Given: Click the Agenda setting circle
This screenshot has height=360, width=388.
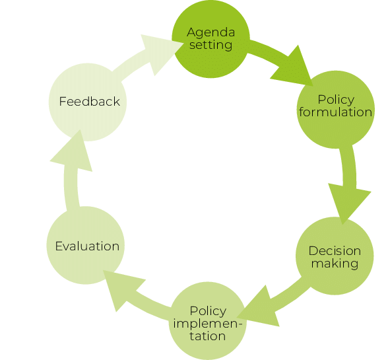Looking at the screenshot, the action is coord(211,39).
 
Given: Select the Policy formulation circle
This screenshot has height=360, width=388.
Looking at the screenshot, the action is coord(336,110).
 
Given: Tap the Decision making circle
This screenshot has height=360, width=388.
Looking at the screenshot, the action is coord(335,256).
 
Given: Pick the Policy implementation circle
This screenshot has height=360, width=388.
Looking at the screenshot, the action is coord(208,321).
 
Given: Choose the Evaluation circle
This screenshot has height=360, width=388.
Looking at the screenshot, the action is coord(86,245).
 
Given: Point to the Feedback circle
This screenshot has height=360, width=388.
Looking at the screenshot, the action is coord(88,102).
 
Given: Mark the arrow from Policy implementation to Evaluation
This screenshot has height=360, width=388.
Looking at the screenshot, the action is coord(139,295).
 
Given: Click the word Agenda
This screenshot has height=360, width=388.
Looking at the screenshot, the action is coord(211,33).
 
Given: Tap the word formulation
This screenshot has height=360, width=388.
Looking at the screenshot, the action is coord(335,112).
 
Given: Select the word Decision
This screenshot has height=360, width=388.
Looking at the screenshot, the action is coord(335,251).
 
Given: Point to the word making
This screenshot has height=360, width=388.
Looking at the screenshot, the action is coord(335,264).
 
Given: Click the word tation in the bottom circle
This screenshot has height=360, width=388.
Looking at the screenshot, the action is coord(208,336).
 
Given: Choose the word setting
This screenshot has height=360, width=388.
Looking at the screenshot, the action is coord(211,46).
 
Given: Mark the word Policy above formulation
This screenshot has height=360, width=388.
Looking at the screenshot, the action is coord(336,100).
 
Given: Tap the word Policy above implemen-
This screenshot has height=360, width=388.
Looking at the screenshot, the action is coord(208,311).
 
